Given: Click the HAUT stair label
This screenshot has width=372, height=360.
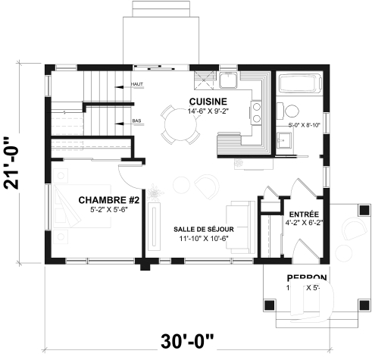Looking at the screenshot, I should point(137,85).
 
